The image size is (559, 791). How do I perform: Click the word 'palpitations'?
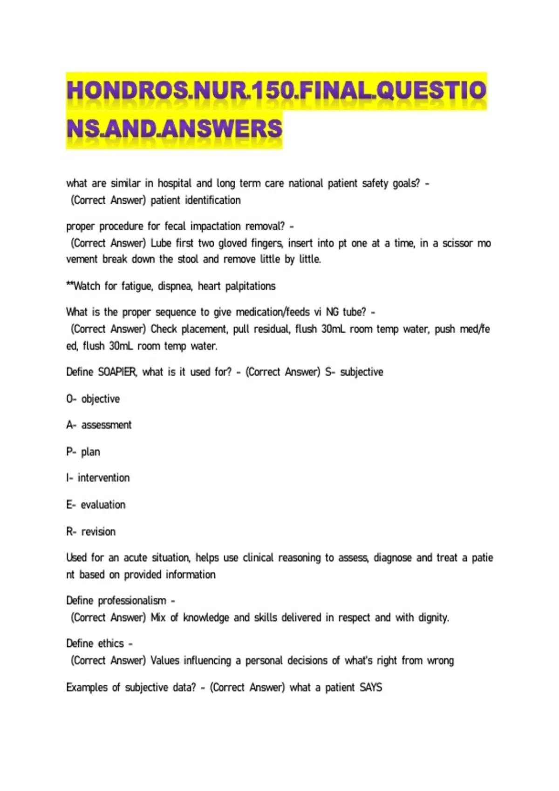[x=250, y=286]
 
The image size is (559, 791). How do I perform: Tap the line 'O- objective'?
[x=93, y=399]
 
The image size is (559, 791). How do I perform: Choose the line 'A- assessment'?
[x=99, y=425]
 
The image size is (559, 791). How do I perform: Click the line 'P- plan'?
[x=83, y=452]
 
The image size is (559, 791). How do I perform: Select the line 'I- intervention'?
[x=98, y=478]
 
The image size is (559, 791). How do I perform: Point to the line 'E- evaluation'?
[x=96, y=504]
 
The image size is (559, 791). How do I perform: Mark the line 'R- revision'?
[x=91, y=531]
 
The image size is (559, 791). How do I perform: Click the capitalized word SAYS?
[x=371, y=687]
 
